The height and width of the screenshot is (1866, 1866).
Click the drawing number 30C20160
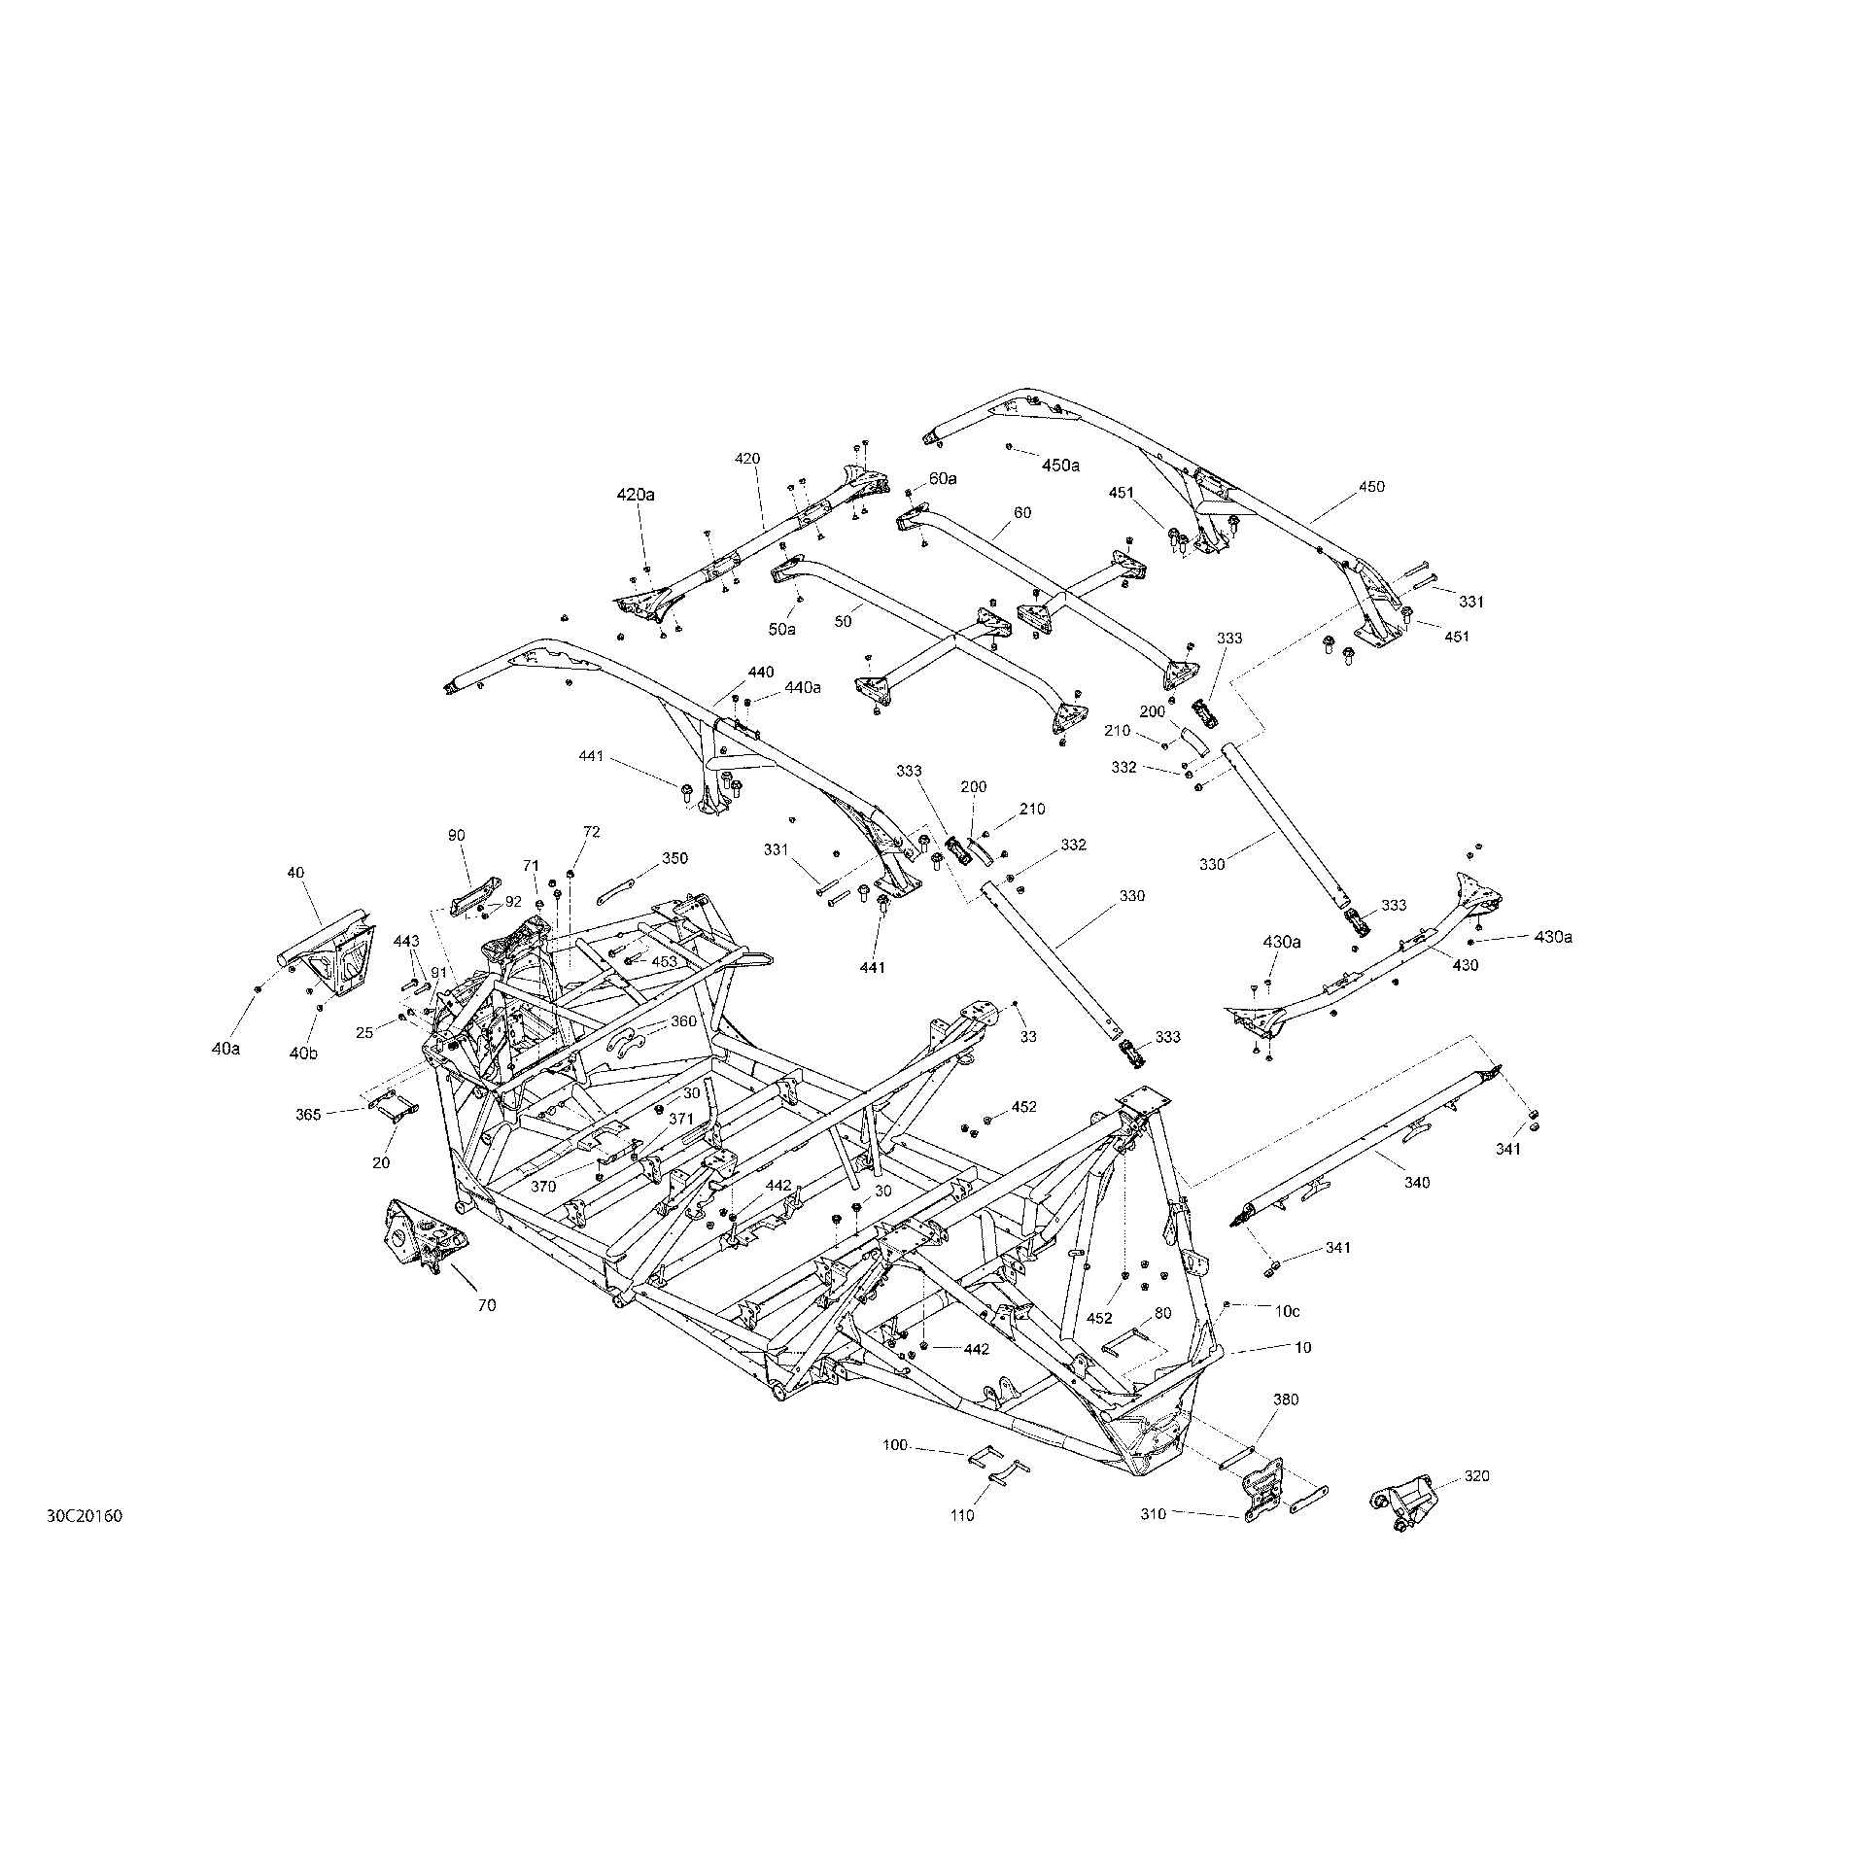(x=84, y=1543)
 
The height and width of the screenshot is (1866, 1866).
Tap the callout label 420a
(x=636, y=495)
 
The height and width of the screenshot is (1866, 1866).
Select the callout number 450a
(x=1061, y=466)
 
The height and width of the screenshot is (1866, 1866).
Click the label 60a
(x=943, y=478)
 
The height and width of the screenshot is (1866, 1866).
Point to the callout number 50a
(x=781, y=630)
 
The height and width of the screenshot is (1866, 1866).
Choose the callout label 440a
(x=802, y=688)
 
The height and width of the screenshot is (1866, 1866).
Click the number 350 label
(x=674, y=858)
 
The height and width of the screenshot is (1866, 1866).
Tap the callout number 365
(x=308, y=1115)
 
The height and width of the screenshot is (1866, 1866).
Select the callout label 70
(x=486, y=1305)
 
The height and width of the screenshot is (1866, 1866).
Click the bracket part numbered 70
(x=422, y=1234)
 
